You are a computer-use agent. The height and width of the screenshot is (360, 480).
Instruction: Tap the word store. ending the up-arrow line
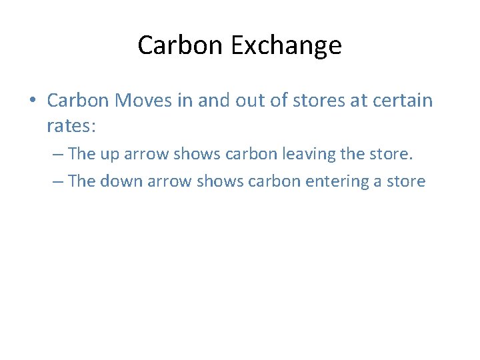390,154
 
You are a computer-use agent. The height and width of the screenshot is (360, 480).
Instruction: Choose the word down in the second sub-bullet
122,181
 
